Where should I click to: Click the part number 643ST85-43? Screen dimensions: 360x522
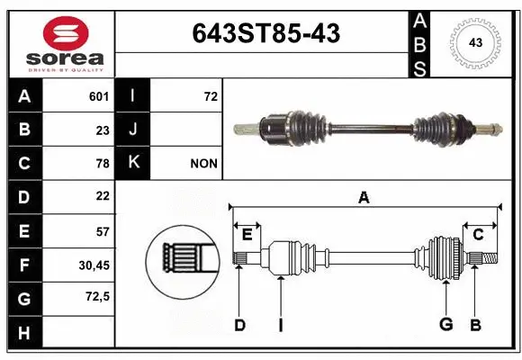[x=266, y=34]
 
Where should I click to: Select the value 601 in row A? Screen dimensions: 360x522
[x=99, y=96]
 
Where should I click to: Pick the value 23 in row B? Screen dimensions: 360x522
[x=103, y=130]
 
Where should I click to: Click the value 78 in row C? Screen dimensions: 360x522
[x=103, y=163]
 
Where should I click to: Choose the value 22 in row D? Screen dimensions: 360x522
[x=103, y=196]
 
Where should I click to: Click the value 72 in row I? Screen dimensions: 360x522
[x=211, y=96]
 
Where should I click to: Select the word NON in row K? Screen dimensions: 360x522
[x=203, y=163]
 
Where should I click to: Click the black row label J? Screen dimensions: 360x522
[x=132, y=130]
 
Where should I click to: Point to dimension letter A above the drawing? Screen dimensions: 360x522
[x=364, y=198]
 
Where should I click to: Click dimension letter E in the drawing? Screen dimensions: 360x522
[x=247, y=235]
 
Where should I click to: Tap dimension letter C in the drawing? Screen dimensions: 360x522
[x=479, y=235]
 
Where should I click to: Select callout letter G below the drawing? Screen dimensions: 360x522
[x=445, y=324]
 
